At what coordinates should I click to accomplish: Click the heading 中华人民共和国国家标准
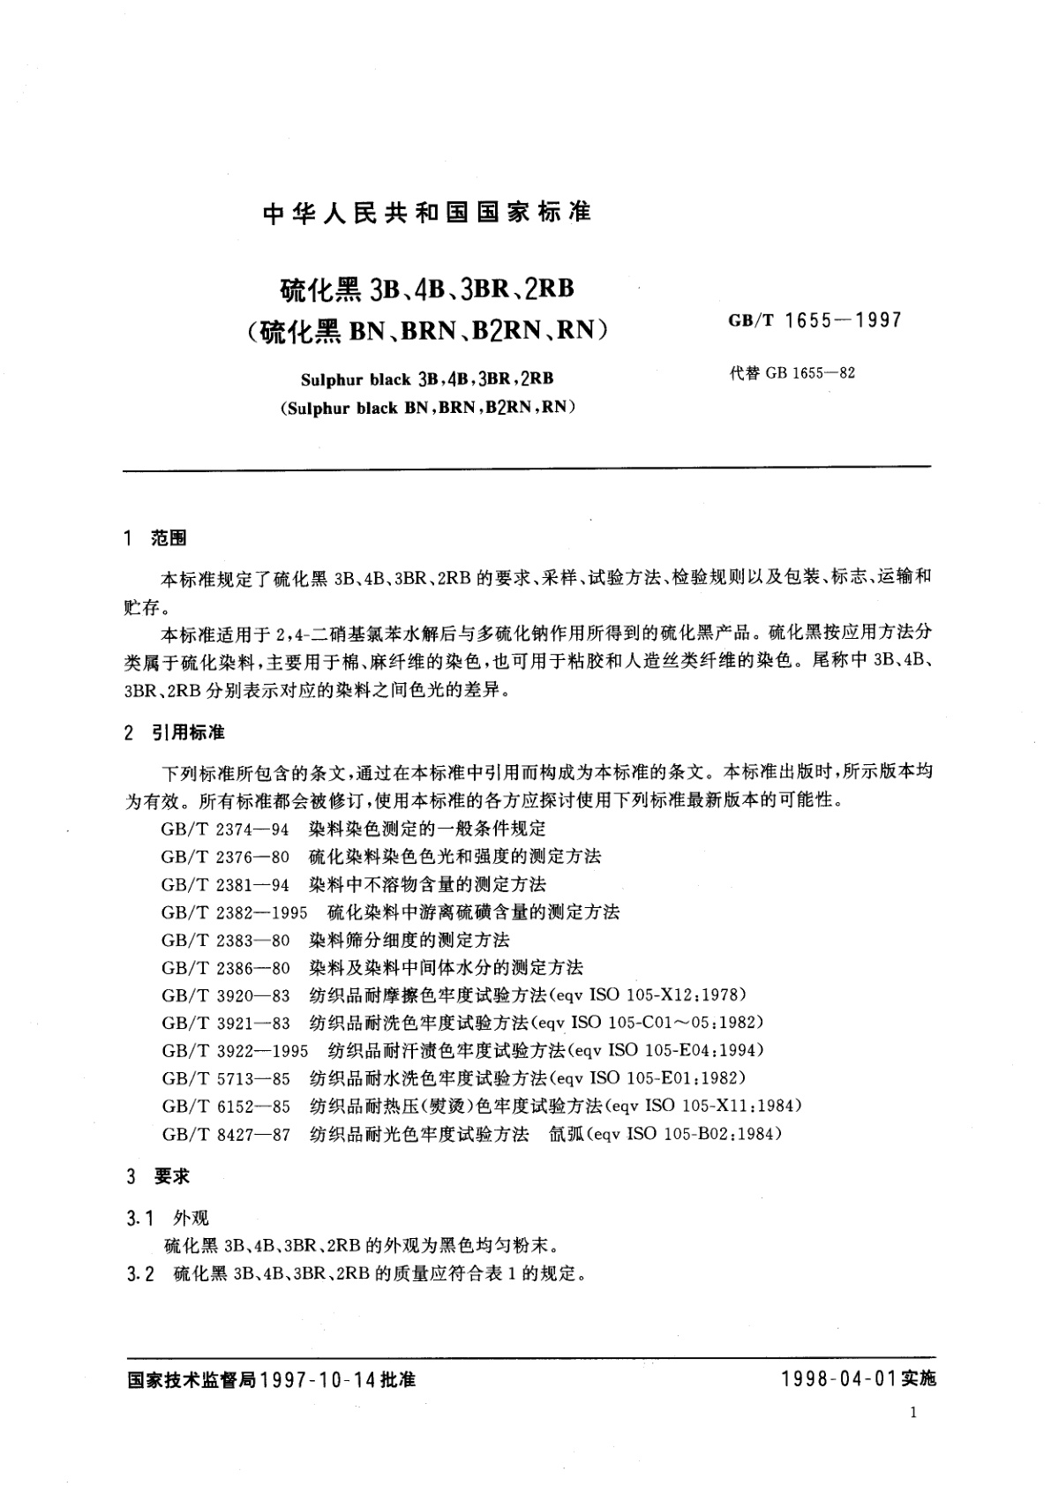coord(427,213)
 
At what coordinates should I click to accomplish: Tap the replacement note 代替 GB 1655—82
coord(792,373)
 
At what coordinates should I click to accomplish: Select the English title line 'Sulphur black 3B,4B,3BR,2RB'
coord(427,379)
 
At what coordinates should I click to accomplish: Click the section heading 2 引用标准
coord(176,733)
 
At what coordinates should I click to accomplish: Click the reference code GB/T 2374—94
coord(226,829)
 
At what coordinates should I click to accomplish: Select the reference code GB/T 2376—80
coord(226,857)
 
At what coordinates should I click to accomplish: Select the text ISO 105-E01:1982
coord(668,1078)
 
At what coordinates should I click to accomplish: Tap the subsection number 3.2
coord(141,1274)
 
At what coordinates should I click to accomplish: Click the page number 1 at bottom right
coord(912,1413)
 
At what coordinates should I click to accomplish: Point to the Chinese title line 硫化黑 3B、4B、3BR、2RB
coord(427,289)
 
